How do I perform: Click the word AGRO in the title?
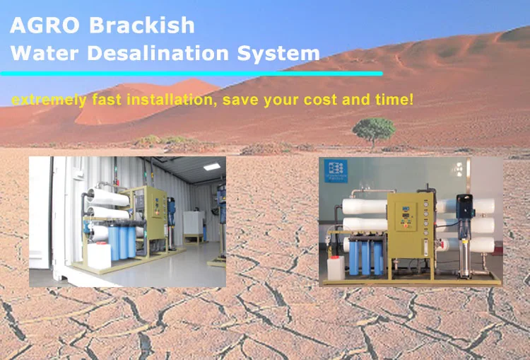pos(45,25)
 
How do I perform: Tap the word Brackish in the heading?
pos(142,25)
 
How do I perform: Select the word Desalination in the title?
pos(158,53)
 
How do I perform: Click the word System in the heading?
pos(278,54)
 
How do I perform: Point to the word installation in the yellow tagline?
pos(172,100)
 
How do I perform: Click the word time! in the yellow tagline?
pos(394,100)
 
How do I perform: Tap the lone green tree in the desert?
pos(374,132)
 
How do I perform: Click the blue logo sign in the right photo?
pos(336,171)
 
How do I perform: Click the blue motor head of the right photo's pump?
pos(465,207)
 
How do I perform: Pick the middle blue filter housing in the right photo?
pos(365,257)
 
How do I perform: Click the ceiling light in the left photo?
pos(212,166)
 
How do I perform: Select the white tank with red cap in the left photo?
pos(99,255)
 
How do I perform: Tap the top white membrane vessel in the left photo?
pos(107,197)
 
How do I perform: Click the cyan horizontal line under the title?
pos(192,74)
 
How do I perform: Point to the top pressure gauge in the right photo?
pos(426,205)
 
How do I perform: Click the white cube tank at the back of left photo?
pos(194,223)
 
